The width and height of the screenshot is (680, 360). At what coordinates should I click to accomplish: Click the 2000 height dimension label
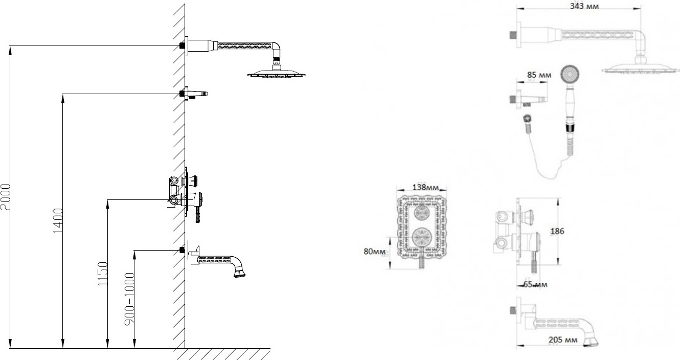coord(6,197)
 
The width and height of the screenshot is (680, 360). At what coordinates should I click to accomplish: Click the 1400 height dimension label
coord(58,221)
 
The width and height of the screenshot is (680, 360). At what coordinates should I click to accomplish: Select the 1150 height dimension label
coord(103,274)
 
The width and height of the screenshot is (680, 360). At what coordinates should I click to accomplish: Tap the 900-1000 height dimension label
coord(130,299)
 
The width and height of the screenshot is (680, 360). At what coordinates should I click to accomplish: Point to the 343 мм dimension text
coord(584,6)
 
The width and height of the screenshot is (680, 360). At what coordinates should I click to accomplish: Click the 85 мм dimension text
coord(539,75)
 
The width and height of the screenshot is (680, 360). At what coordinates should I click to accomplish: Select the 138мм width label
coord(425,187)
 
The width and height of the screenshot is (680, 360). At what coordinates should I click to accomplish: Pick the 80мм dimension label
coord(375,251)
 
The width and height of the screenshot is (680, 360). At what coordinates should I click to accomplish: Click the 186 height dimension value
coord(557,231)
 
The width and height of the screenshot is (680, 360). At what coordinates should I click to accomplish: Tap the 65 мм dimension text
coord(535,284)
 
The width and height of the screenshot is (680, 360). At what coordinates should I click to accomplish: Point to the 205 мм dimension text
coord(563,340)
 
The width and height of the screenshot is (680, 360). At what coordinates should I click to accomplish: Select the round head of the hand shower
coord(570,74)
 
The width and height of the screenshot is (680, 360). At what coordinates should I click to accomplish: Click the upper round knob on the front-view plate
coord(421,213)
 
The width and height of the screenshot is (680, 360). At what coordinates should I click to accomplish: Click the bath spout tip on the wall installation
coord(240,273)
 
